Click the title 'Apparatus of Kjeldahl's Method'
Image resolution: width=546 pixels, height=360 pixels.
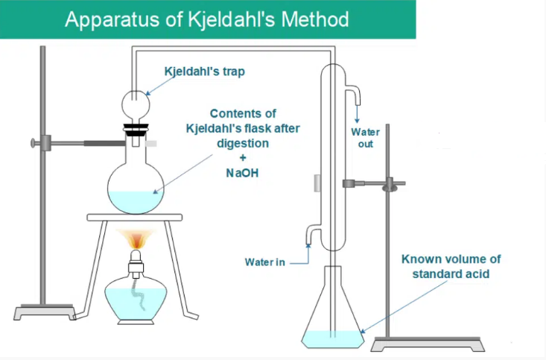tap(206, 19)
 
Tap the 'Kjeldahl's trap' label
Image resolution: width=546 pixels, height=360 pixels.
tap(203, 72)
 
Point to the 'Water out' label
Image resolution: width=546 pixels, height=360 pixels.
tap(365, 138)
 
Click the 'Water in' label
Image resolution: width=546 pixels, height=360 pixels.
tap(264, 262)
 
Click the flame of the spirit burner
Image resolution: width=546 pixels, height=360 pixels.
tap(136, 240)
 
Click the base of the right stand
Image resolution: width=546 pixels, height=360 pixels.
tap(428, 344)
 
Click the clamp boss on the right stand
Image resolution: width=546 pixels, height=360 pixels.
tap(388, 183)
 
